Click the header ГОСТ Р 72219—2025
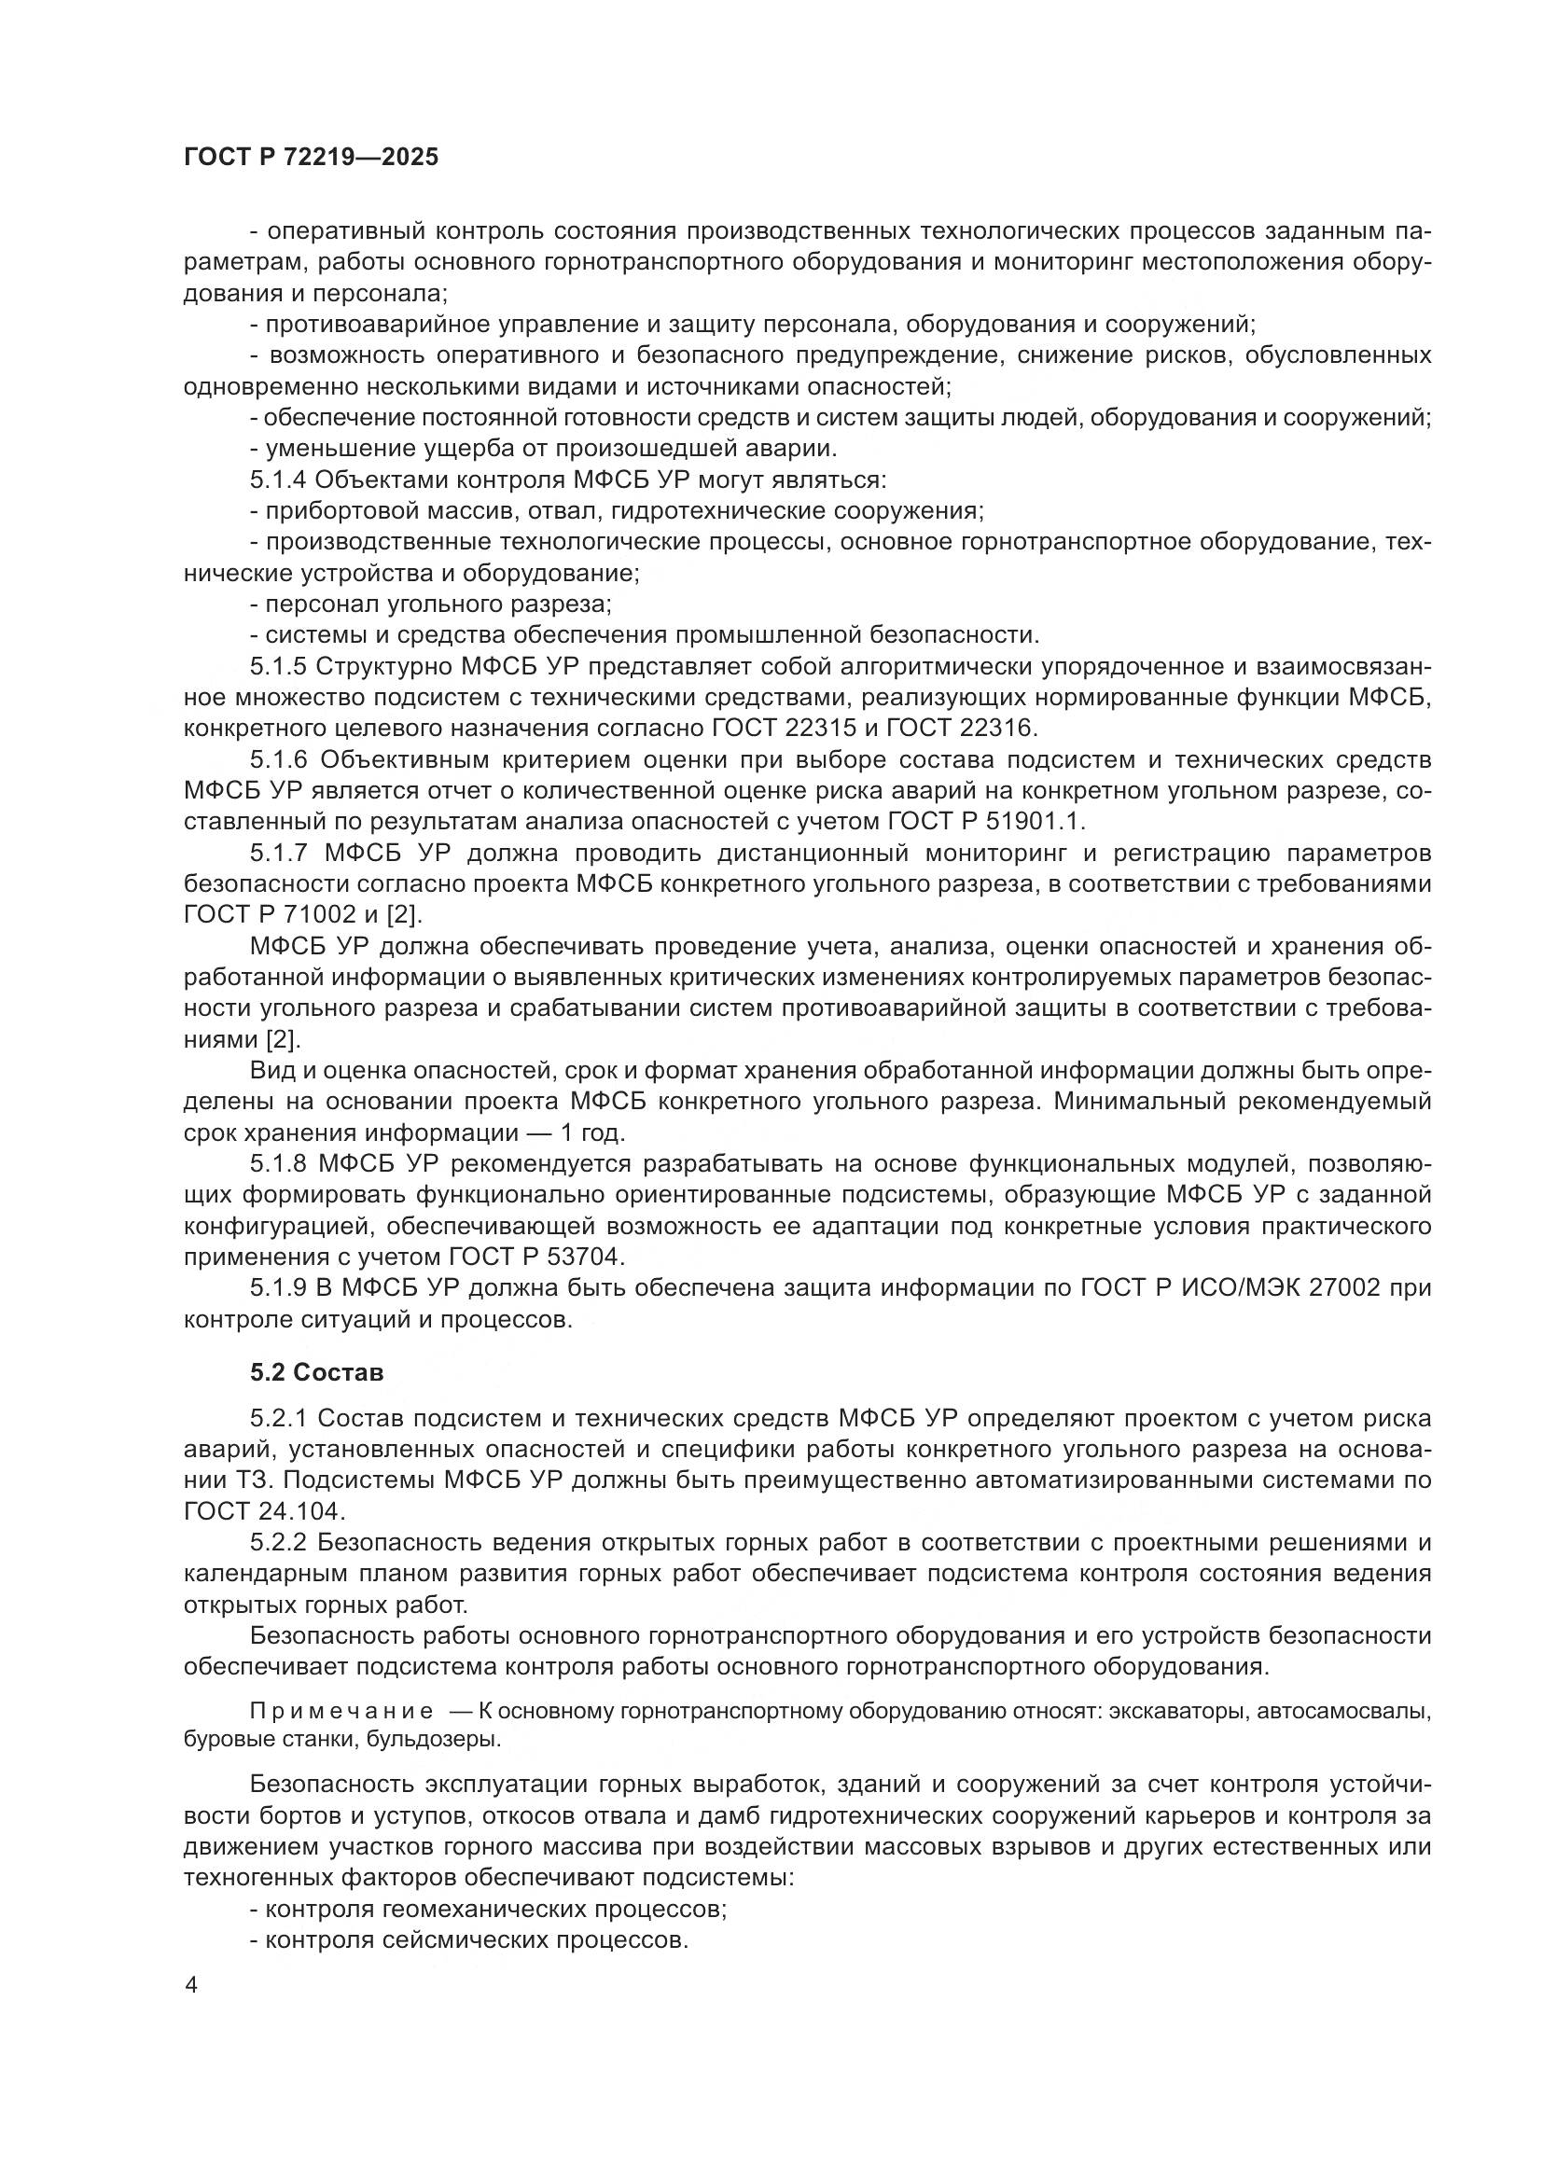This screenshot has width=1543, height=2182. [311, 157]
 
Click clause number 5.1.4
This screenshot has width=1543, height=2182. [280, 479]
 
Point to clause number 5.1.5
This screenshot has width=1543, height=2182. [280, 667]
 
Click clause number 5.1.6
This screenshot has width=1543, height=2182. [280, 760]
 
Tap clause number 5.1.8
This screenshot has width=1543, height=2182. [280, 1164]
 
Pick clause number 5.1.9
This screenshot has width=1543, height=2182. [280, 1288]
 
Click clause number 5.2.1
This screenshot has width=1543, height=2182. [278, 1419]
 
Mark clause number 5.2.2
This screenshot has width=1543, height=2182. [278, 1543]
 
